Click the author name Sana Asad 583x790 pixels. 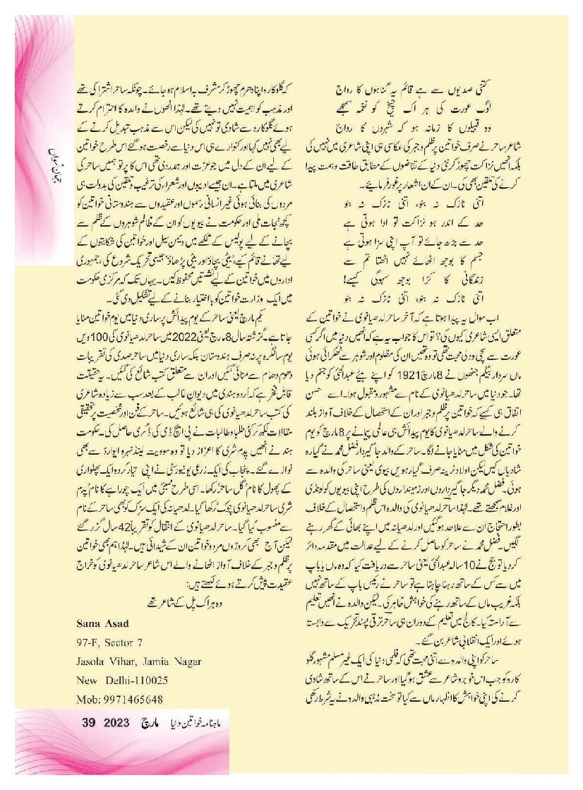[x=102, y=623]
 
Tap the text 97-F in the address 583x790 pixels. [x=88, y=642]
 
